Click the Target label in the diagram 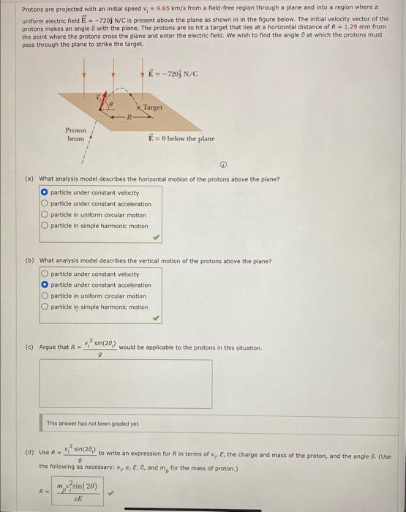click(153, 107)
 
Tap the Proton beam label click(75, 134)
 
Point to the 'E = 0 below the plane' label click(181, 138)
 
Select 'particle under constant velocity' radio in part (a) click(45, 193)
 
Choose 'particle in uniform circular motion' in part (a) click(45, 215)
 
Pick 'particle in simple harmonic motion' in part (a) click(45, 226)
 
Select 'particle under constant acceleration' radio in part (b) click(45, 285)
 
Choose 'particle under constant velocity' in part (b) click(45, 274)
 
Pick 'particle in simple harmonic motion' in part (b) click(45, 307)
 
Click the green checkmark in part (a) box click(155, 237)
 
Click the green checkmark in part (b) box click(155, 318)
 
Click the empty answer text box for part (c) click(126, 383)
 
